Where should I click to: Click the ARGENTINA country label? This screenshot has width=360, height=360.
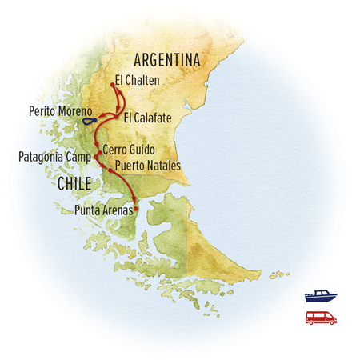coord(166,60)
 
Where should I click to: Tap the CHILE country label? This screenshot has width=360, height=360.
coord(77,184)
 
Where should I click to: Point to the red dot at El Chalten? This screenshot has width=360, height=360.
coord(110,82)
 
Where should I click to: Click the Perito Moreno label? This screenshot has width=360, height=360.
coord(59,110)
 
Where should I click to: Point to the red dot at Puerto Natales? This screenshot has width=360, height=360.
coord(109,169)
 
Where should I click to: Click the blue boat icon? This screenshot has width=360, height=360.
coord(320,295)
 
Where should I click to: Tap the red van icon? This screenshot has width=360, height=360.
coord(321,318)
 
